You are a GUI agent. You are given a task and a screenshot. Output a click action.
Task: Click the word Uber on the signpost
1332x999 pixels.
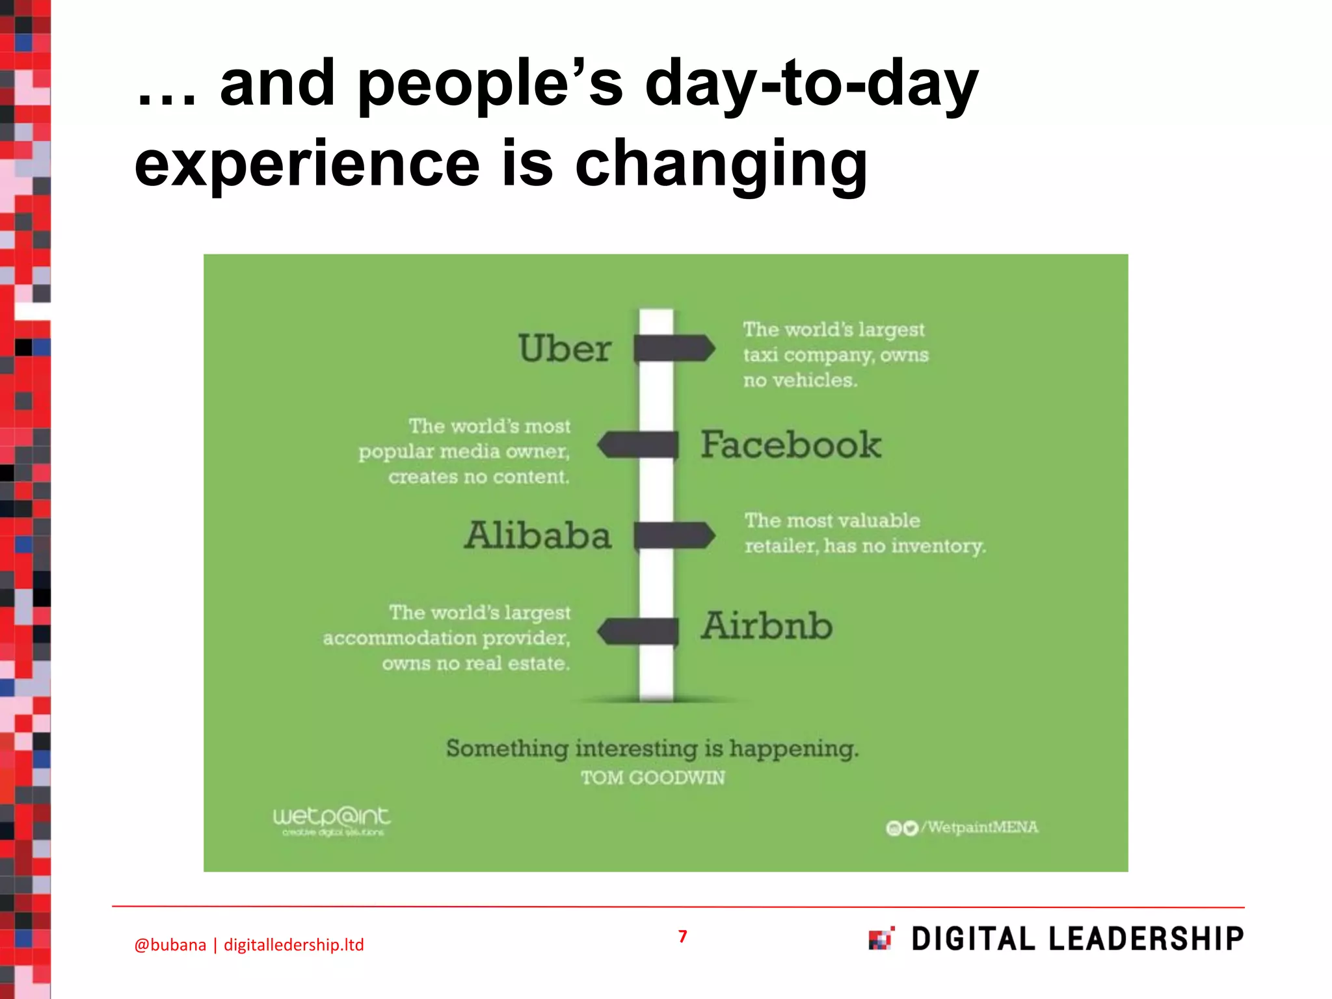click(x=564, y=348)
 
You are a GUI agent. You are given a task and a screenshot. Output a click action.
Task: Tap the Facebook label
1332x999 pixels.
click(x=790, y=445)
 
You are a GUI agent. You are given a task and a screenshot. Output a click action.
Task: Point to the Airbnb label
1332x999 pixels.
click(x=766, y=626)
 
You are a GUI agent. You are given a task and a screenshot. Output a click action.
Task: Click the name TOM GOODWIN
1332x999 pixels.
click(x=652, y=778)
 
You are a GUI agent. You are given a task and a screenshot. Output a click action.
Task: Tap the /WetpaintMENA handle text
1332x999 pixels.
click(x=982, y=827)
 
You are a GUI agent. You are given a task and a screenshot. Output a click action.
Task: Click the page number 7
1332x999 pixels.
click(x=682, y=936)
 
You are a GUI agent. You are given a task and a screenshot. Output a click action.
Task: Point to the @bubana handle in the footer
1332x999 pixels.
click(x=170, y=945)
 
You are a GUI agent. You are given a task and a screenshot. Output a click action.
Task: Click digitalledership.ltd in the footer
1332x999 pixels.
click(x=293, y=945)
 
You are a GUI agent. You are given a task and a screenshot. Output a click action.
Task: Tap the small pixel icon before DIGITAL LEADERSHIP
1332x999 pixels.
click(x=881, y=939)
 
